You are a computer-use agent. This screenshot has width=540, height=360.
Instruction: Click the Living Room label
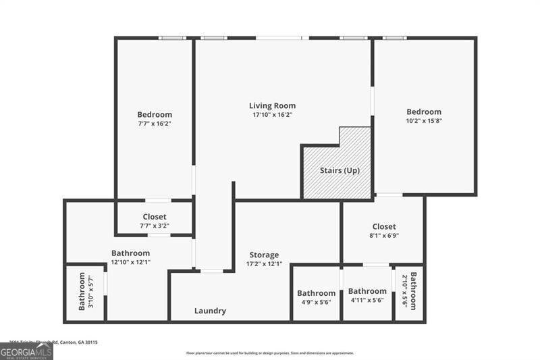click(x=272, y=105)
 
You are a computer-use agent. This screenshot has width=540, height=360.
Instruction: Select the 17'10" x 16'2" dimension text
click(x=272, y=115)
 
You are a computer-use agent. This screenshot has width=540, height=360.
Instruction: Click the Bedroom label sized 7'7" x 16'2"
click(x=155, y=115)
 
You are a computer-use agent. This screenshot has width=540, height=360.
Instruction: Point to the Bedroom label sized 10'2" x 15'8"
click(x=424, y=111)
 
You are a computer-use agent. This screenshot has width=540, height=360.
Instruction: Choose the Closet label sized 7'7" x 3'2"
click(x=155, y=217)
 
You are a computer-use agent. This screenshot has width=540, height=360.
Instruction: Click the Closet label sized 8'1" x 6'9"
click(x=384, y=226)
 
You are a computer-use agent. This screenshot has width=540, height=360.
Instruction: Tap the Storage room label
click(x=263, y=255)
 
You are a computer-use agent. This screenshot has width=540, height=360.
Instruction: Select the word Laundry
click(x=210, y=311)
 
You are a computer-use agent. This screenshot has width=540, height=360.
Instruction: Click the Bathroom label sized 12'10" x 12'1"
click(x=130, y=253)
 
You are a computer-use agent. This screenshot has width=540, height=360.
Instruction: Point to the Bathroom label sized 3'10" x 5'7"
click(x=82, y=291)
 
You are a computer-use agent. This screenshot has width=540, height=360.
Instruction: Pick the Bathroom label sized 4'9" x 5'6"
click(x=316, y=293)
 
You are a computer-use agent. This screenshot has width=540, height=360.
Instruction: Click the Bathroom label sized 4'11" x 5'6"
click(x=367, y=291)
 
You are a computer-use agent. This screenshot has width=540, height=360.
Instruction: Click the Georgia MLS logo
click(x=26, y=351)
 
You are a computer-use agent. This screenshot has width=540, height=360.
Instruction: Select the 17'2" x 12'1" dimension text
click(x=263, y=263)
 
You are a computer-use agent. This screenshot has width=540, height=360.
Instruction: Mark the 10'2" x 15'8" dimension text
click(x=424, y=121)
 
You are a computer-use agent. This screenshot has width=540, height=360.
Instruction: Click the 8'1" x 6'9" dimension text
click(x=384, y=236)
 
